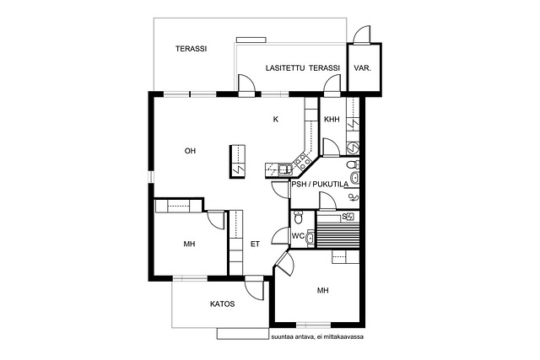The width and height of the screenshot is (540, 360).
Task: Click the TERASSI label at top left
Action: point(192,49)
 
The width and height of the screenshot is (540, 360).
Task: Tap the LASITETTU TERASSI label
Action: point(303,68)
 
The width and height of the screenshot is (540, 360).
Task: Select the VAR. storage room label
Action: point(362,68)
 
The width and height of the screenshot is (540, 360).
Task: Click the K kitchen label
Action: point(276,120)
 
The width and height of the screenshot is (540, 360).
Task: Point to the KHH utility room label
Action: point(332,119)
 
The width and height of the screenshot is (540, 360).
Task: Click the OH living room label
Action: point(190,151)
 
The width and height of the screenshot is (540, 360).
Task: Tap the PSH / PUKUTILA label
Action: point(320,185)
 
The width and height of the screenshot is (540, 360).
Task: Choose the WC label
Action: point(298,236)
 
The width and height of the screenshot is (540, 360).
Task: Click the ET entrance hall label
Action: point(255,244)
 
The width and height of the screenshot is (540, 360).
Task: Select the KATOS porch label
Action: point(223,304)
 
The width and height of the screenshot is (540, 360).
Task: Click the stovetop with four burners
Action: point(300,161)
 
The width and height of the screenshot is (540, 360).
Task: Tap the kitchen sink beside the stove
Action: point(284,169)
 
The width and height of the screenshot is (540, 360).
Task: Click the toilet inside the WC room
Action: point(298,218)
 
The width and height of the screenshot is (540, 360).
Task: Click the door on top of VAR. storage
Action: point(362,35)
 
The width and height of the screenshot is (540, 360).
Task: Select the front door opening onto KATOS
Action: point(254,288)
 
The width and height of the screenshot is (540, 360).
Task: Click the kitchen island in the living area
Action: point(237,161)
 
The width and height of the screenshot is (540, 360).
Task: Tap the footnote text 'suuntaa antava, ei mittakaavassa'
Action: point(317,337)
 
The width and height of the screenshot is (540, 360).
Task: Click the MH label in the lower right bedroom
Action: point(322,291)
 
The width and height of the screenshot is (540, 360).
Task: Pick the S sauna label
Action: point(344,217)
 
